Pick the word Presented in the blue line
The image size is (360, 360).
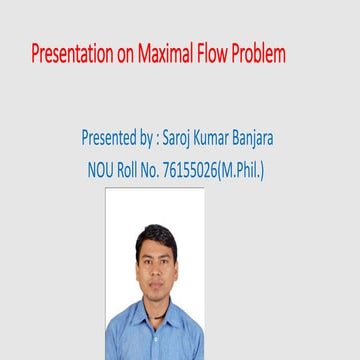[111, 135]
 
